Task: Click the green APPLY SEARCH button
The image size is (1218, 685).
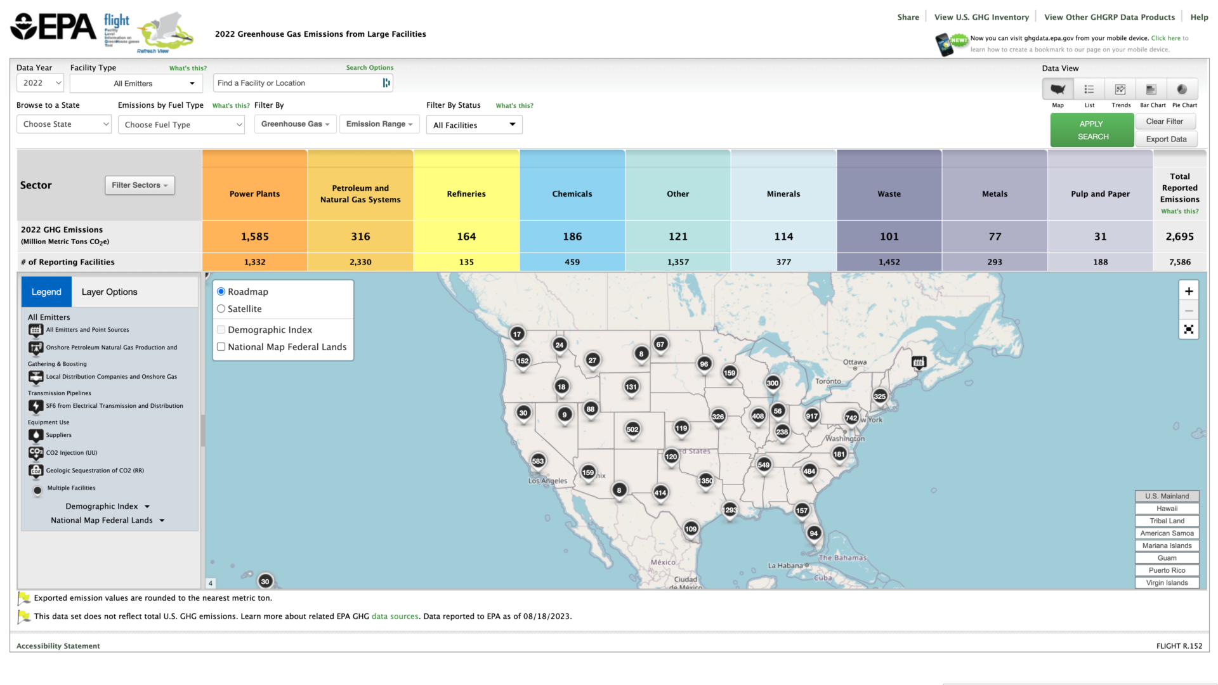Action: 1092,130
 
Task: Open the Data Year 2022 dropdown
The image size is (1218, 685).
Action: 40,83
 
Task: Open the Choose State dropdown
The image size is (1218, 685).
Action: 63,124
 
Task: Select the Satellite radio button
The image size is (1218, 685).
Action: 221,309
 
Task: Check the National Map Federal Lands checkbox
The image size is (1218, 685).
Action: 221,347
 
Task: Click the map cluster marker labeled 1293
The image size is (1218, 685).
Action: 730,510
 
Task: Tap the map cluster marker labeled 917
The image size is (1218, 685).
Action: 812,416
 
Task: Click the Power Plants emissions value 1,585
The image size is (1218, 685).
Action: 254,237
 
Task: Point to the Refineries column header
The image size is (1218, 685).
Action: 466,194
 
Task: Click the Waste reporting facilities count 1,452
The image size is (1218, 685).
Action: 889,262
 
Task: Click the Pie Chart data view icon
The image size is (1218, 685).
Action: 1182,89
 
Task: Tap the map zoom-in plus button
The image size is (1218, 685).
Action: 1189,291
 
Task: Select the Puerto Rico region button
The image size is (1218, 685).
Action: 1167,570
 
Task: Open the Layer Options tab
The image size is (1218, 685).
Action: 109,292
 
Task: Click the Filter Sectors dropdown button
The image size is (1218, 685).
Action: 140,185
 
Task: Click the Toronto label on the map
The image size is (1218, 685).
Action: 828,381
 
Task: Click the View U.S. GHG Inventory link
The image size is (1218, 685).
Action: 981,17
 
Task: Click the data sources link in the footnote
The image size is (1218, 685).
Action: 395,616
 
